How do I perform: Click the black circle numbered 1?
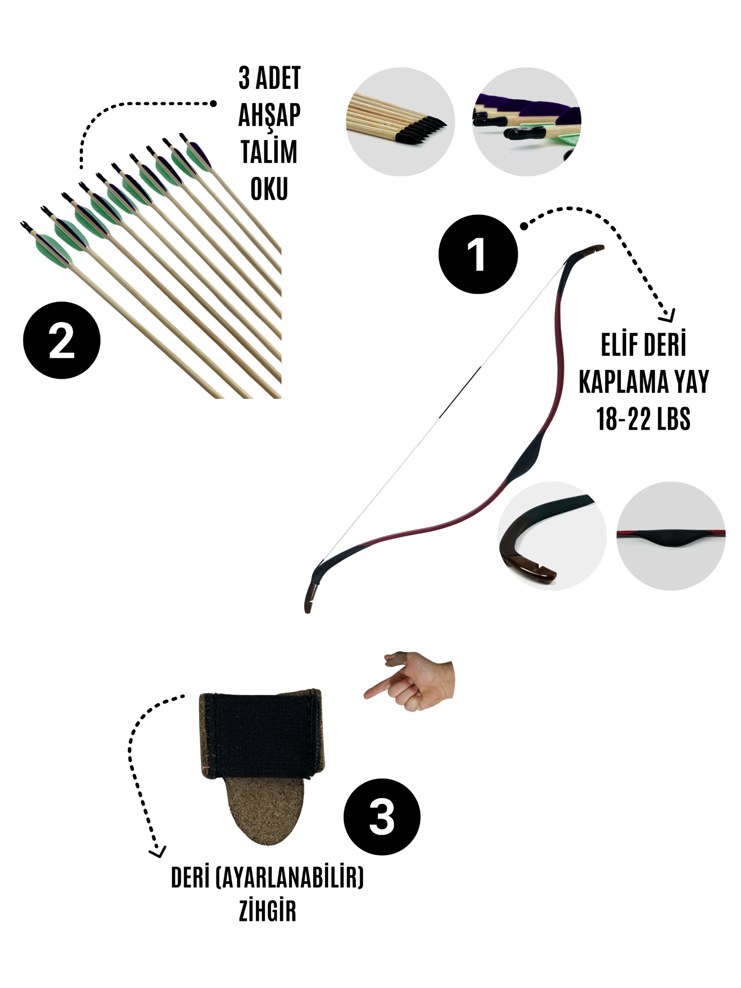[x=478, y=254]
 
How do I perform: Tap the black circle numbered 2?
[x=62, y=340]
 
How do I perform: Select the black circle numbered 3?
[x=382, y=817]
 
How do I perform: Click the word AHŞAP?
[x=269, y=116]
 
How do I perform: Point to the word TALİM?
[x=269, y=152]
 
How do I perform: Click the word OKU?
[x=269, y=189]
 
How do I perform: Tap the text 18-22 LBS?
[x=643, y=419]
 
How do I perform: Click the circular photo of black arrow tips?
[x=400, y=122]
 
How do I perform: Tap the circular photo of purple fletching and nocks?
[x=527, y=122]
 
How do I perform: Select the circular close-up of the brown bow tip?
[x=552, y=536]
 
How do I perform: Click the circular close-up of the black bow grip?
[x=671, y=536]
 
